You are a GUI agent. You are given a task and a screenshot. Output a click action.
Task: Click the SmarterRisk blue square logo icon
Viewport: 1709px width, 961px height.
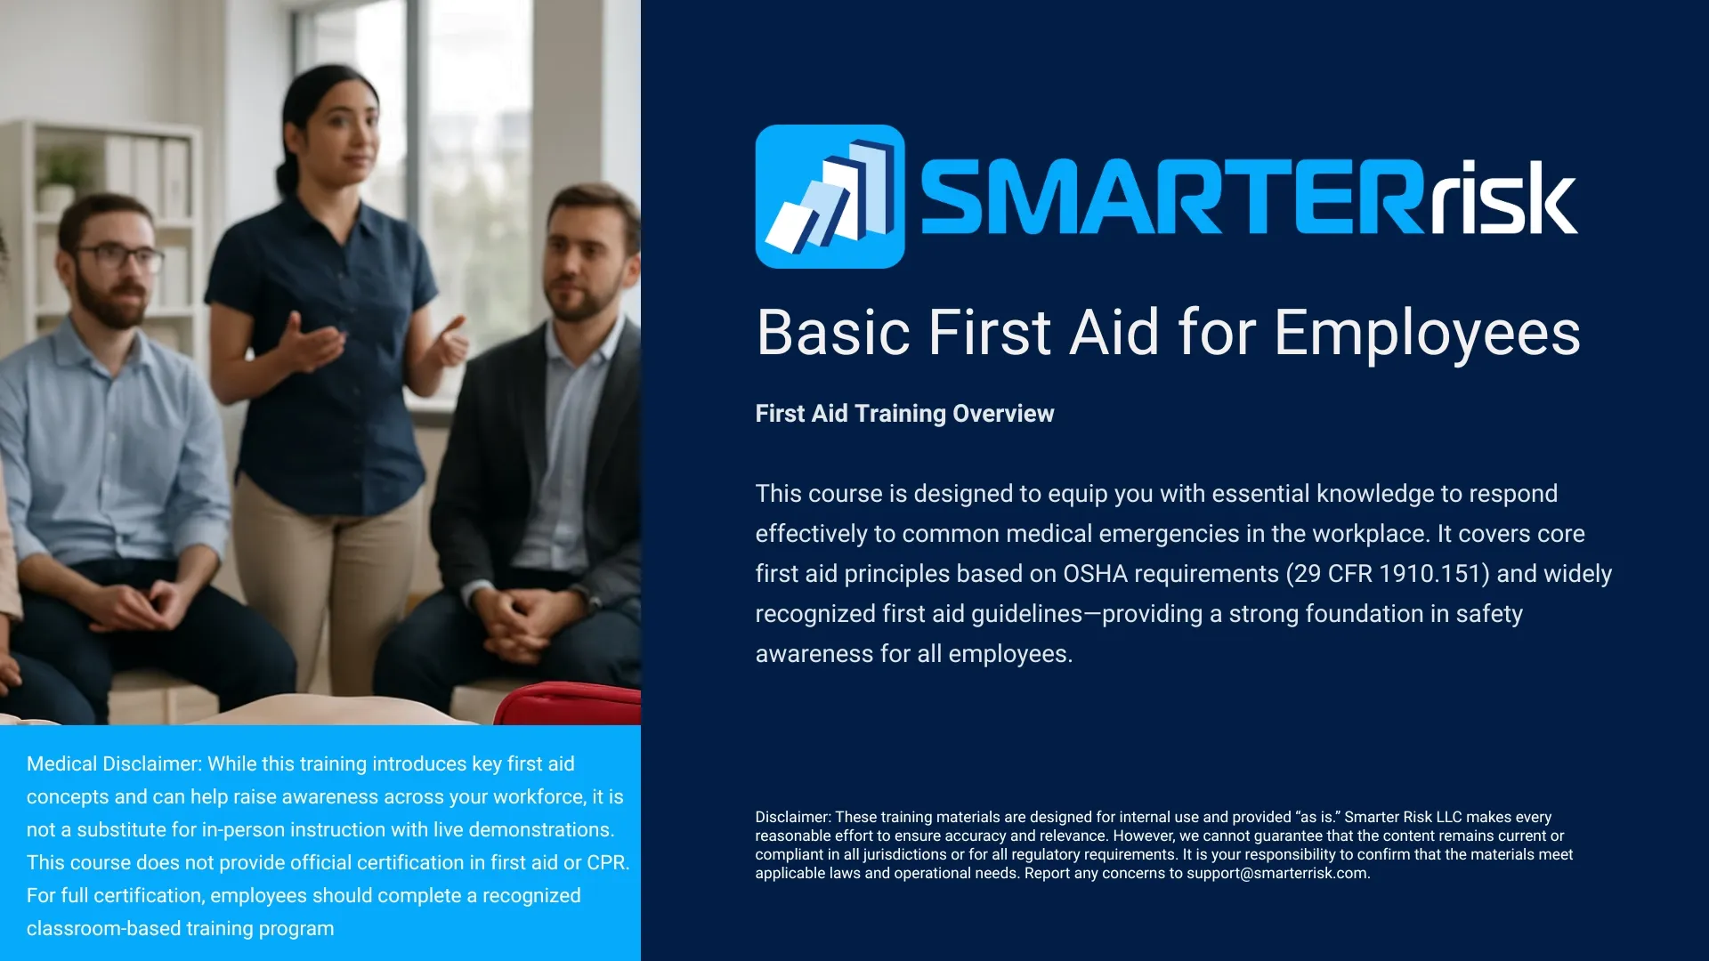[830, 197]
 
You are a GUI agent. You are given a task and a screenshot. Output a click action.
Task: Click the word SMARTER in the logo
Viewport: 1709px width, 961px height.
[1173, 198]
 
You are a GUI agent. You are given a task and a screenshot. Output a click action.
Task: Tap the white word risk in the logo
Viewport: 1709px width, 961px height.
[1503, 198]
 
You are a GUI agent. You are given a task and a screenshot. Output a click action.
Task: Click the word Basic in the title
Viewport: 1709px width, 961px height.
[833, 333]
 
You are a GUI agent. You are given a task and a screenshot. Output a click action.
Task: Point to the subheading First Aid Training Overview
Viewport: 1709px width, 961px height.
[904, 414]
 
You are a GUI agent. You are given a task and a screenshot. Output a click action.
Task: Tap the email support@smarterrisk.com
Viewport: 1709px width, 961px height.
[1276, 874]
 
